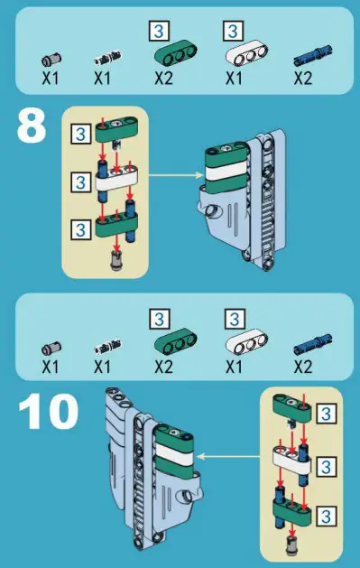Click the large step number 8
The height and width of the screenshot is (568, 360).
(x=32, y=126)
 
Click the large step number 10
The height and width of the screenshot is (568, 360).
(x=48, y=412)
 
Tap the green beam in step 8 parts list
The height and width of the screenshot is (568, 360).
(x=176, y=53)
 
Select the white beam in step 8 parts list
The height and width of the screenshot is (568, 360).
(x=247, y=53)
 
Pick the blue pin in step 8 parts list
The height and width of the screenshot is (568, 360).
(x=313, y=55)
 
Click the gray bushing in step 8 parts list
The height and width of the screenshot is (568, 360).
(x=51, y=60)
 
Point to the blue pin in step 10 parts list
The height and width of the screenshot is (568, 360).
(x=313, y=344)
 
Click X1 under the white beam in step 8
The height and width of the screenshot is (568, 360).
(x=234, y=78)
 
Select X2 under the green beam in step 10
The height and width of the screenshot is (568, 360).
(x=163, y=368)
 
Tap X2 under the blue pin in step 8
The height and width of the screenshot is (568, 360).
(x=302, y=78)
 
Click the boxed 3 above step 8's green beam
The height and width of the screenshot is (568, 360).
(x=159, y=31)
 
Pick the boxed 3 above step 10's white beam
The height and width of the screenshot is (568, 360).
(x=235, y=319)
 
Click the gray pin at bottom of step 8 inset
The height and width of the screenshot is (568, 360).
(x=116, y=260)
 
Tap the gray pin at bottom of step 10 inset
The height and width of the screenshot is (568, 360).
(x=291, y=546)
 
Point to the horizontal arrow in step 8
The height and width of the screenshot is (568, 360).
(x=176, y=175)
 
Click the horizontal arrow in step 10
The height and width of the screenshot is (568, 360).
(x=228, y=456)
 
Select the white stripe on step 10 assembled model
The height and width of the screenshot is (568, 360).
(x=174, y=453)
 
